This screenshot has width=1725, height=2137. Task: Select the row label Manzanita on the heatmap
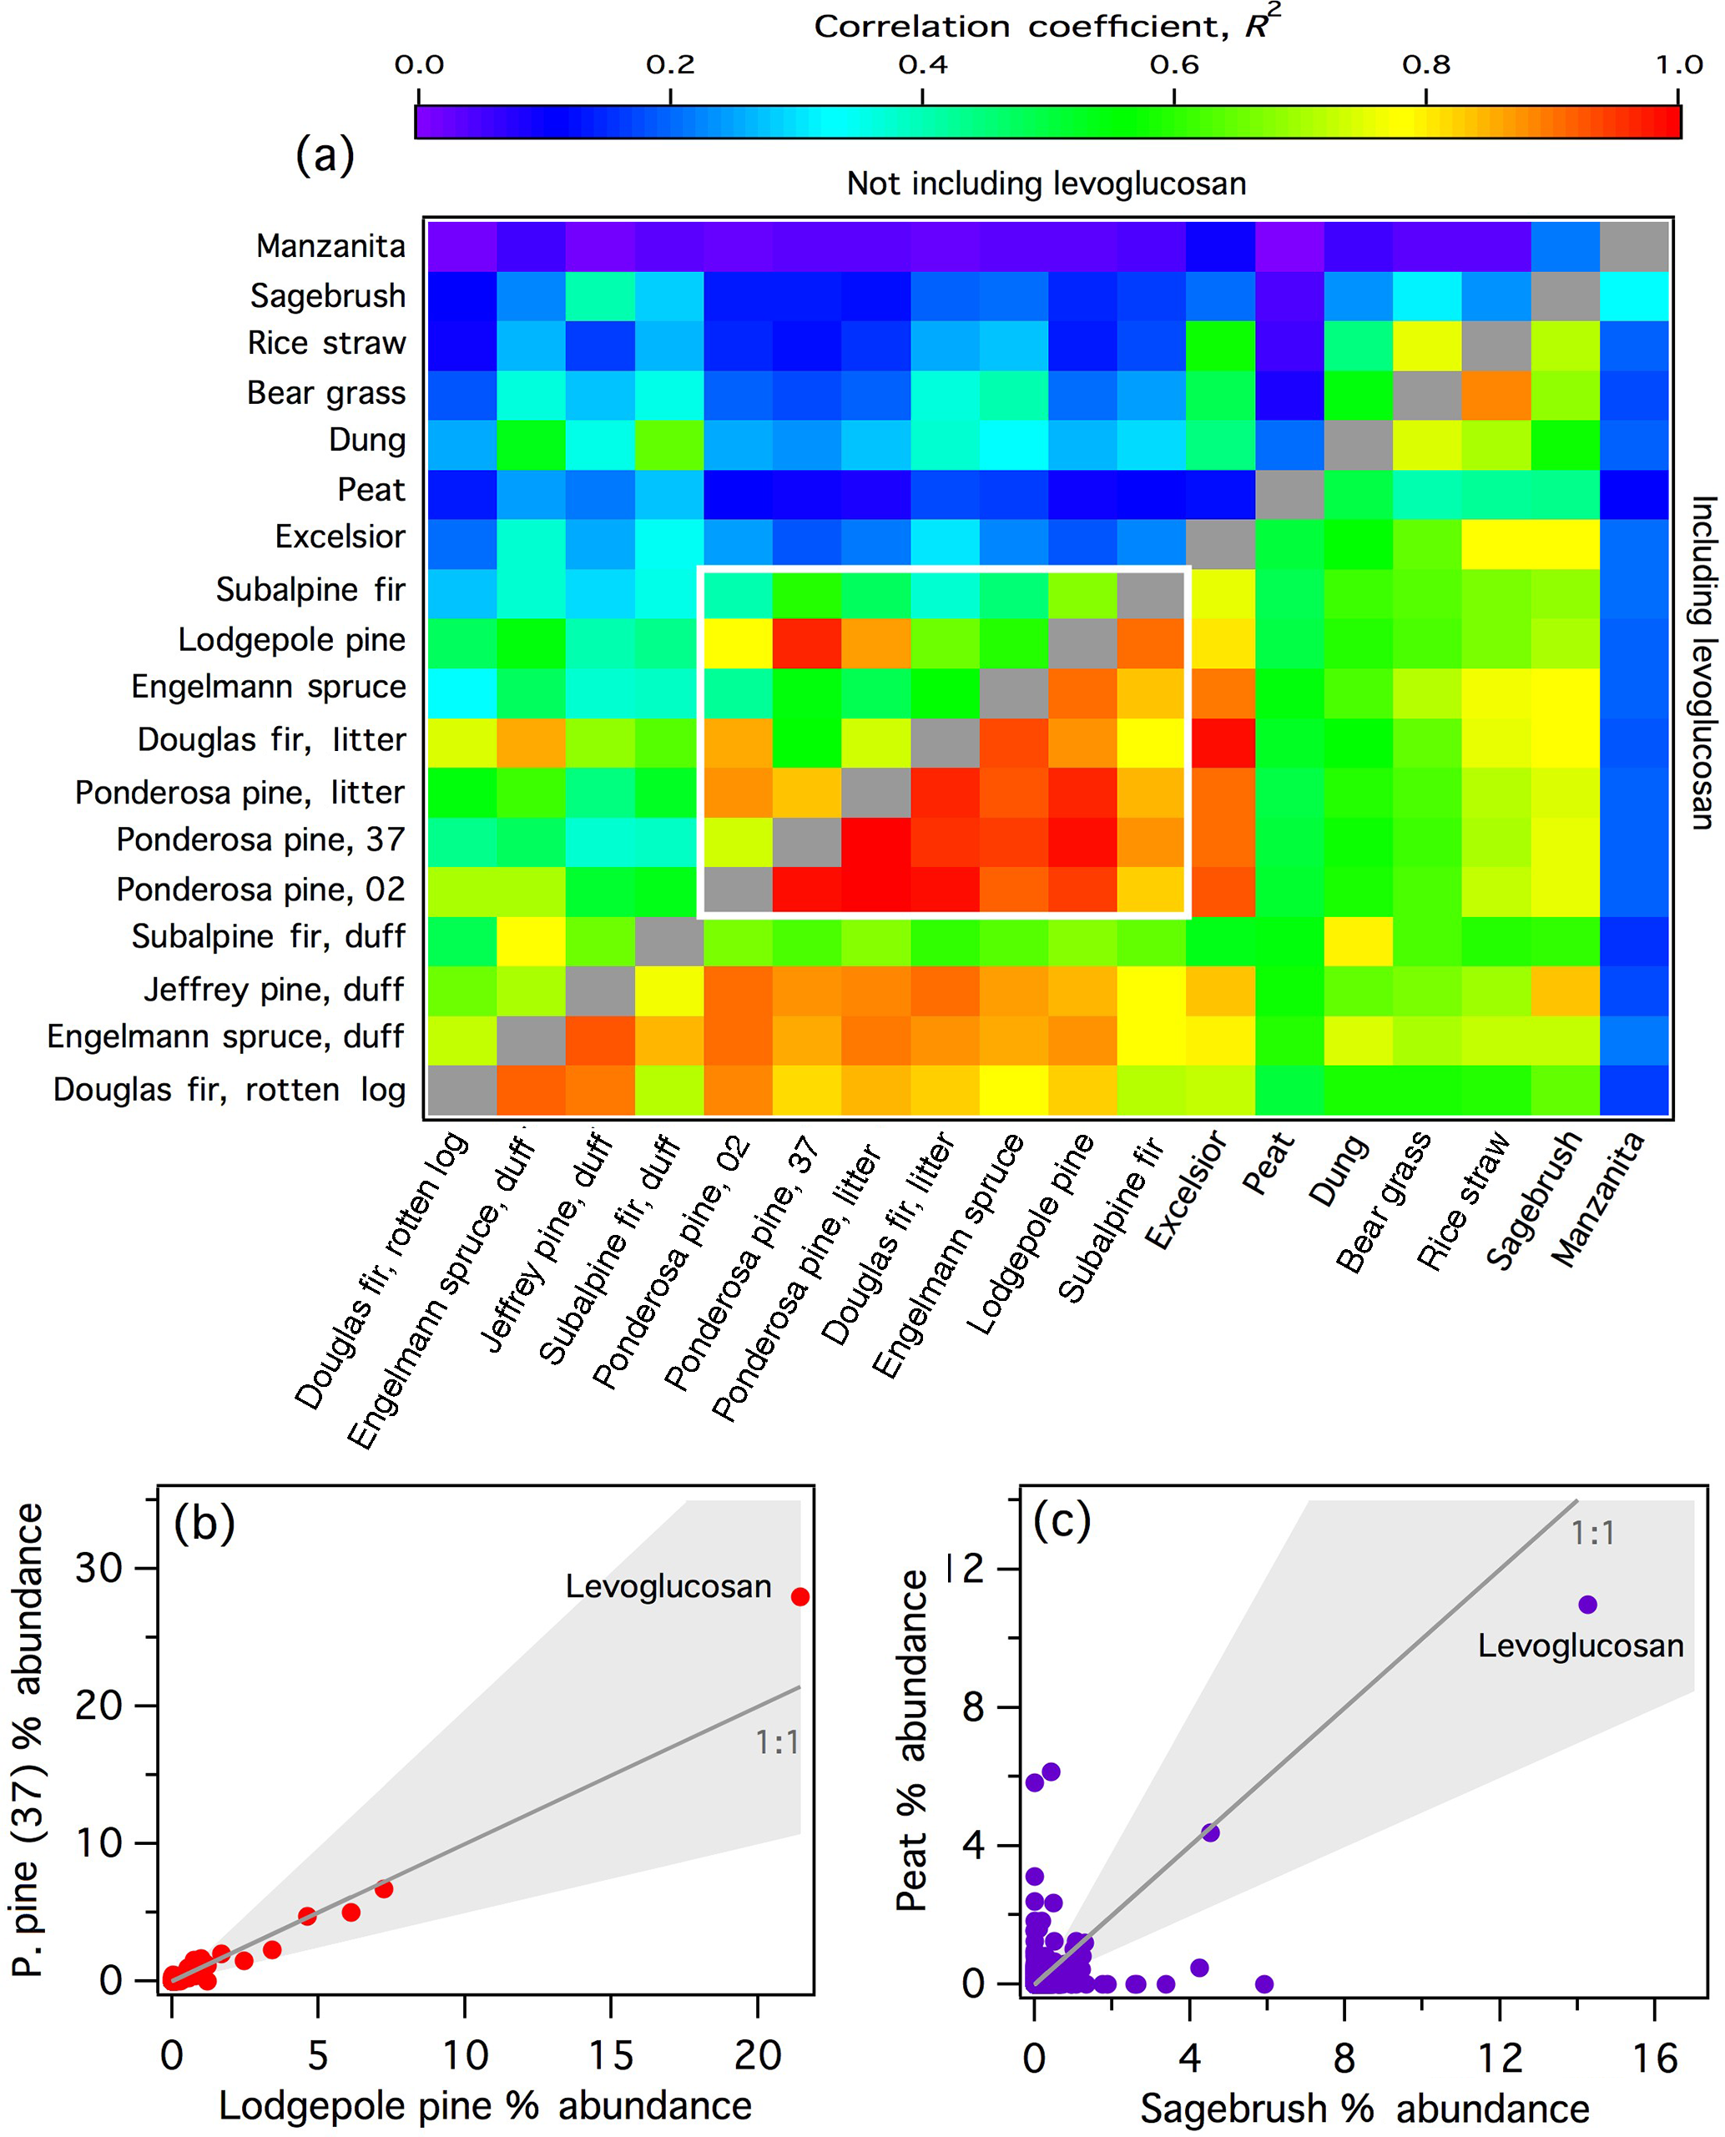pyautogui.click(x=330, y=245)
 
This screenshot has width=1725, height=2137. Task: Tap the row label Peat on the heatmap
pyautogui.click(x=371, y=489)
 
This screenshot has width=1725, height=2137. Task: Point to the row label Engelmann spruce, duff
pyautogui.click(x=225, y=1036)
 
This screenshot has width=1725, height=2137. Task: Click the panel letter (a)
pyautogui.click(x=325, y=155)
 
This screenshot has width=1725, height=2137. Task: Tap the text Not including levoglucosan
pyautogui.click(x=1046, y=184)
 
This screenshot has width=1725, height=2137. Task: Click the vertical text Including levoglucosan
pyautogui.click(x=1702, y=663)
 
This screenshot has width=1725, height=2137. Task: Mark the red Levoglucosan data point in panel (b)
pyautogui.click(x=799, y=1596)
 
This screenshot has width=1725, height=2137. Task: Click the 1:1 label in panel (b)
pyautogui.click(x=776, y=1741)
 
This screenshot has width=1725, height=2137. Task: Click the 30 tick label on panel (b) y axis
pyautogui.click(x=98, y=1569)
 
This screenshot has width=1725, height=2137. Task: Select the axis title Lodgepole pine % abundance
pyautogui.click(x=485, y=2105)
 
